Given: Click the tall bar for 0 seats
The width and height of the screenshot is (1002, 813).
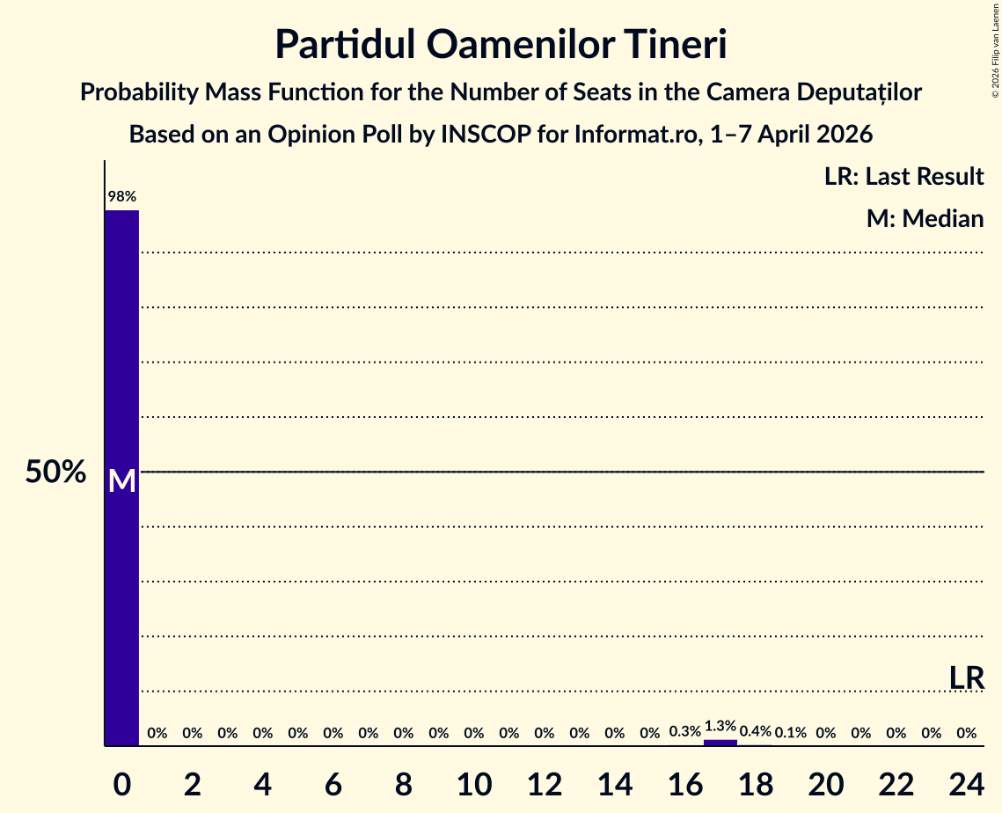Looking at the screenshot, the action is pyautogui.click(x=122, y=478).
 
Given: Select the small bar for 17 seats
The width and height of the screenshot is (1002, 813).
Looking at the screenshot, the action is pyautogui.click(x=720, y=742).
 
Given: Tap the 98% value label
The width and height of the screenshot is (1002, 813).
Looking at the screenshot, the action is pyautogui.click(x=122, y=197).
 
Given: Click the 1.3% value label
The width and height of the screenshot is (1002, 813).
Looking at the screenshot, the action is pyautogui.click(x=720, y=726).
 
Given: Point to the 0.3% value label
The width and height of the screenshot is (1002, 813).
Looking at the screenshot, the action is pyautogui.click(x=685, y=732).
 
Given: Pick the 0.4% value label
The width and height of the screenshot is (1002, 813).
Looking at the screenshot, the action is pyautogui.click(x=756, y=732).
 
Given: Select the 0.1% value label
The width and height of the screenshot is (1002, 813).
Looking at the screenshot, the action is pyautogui.click(x=791, y=732).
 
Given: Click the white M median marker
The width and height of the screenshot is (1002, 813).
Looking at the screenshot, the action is pyautogui.click(x=122, y=480).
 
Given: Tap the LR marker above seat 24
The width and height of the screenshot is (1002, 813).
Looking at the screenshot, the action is pyautogui.click(x=966, y=678).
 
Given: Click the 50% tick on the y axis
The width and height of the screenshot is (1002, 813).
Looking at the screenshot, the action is pyautogui.click(x=55, y=472).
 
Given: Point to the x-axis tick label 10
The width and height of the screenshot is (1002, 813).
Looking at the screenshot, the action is pyautogui.click(x=474, y=785).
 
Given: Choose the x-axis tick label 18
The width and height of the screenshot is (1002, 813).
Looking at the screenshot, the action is pyautogui.click(x=756, y=785).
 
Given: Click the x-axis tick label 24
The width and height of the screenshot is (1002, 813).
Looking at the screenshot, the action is pyautogui.click(x=966, y=785).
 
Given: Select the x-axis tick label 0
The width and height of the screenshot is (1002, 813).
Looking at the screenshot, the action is pyautogui.click(x=122, y=785).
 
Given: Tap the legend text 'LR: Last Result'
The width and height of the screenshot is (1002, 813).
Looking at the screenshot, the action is pyautogui.click(x=903, y=176).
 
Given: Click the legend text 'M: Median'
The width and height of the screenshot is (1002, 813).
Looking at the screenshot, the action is pyautogui.click(x=925, y=219).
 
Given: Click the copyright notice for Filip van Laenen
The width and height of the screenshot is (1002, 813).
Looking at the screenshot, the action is pyautogui.click(x=995, y=49).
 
